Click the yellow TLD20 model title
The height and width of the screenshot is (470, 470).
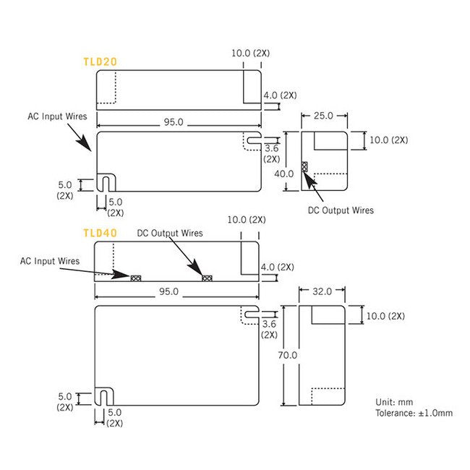click(101, 62)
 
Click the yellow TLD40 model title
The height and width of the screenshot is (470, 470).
click(101, 233)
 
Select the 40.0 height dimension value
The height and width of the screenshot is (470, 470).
click(283, 174)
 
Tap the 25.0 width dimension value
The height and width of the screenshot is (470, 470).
click(323, 116)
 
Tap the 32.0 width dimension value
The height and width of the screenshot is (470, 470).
click(322, 291)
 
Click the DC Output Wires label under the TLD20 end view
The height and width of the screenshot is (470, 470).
click(341, 210)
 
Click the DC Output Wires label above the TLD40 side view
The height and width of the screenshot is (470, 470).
click(170, 234)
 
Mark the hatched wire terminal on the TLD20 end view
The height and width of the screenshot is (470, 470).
click(304, 167)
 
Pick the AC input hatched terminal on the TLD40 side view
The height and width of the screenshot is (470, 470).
click(135, 277)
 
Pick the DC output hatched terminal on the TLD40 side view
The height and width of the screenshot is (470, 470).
click(207, 277)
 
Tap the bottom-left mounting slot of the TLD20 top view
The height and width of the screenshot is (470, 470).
click(106, 183)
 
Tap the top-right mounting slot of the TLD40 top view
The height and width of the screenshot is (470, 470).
click(251, 315)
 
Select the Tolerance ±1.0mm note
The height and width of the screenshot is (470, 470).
click(414, 413)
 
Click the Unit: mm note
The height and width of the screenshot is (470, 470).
click(396, 402)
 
